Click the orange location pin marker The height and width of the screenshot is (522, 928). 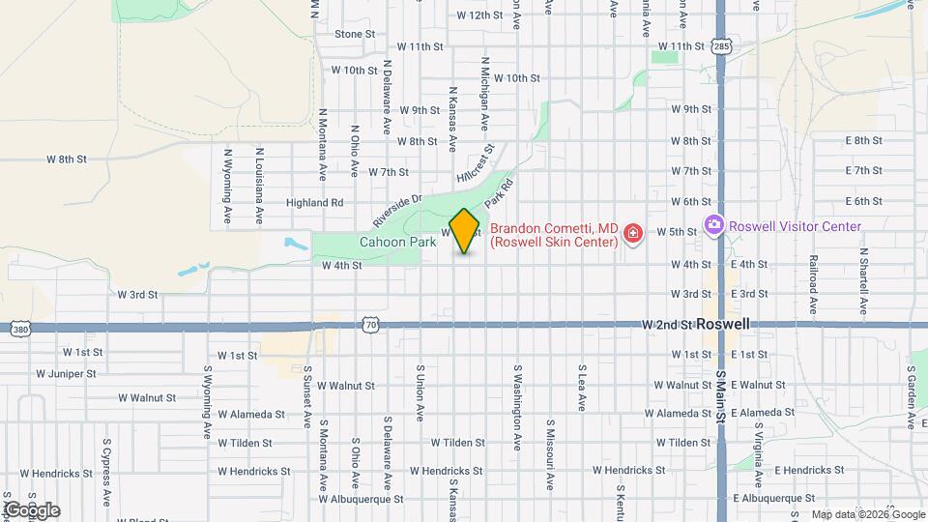click(465, 231)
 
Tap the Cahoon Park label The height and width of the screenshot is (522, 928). click(397, 242)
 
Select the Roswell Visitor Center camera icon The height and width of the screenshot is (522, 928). click(714, 226)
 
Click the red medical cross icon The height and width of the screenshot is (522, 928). click(633, 234)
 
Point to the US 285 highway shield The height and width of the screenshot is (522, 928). click(721, 45)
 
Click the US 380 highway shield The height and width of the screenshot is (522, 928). click(19, 331)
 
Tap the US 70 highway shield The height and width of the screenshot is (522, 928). click(370, 325)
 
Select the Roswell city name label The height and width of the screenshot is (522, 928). click(723, 325)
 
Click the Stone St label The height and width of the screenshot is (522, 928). click(354, 34)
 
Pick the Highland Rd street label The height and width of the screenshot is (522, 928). click(314, 203)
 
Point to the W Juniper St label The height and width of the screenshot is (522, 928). click(66, 373)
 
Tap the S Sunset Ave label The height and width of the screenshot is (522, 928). click(308, 397)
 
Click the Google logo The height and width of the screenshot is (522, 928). click(32, 510)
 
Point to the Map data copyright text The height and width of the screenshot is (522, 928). click(866, 514)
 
